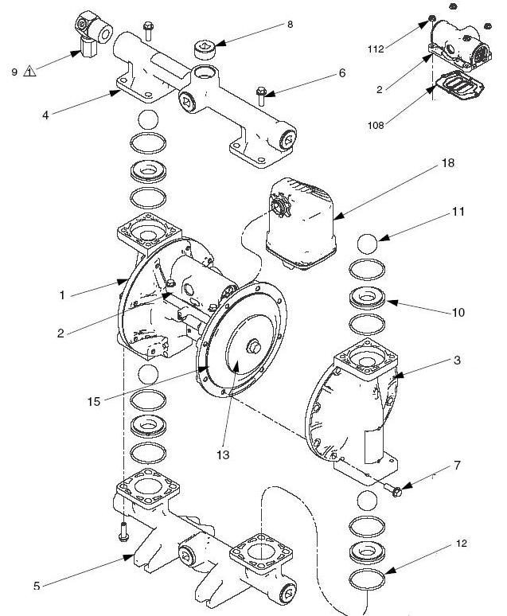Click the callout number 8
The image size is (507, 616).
tap(290, 24)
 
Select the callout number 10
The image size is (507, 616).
tap(458, 313)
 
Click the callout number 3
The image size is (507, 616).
tap(458, 361)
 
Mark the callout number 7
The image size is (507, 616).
tap(456, 465)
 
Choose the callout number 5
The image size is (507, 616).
tap(37, 587)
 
